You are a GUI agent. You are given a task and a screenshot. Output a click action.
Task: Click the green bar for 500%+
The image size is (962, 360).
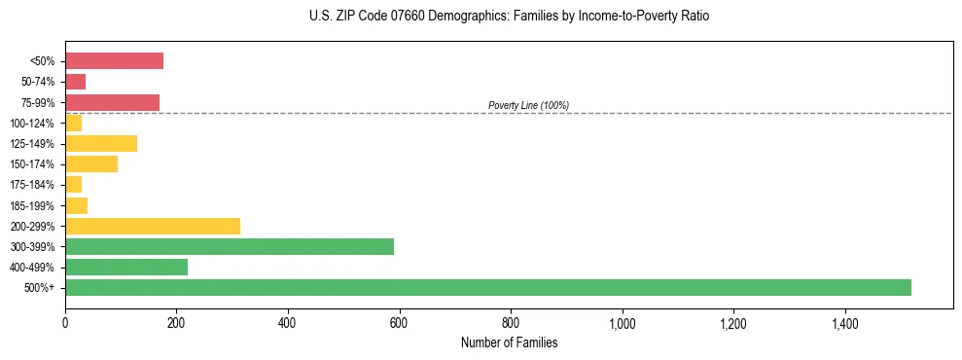(487, 287)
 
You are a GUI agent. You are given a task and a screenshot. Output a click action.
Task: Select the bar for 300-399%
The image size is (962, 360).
(230, 246)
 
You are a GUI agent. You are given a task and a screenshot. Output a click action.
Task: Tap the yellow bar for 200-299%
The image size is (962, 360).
(153, 226)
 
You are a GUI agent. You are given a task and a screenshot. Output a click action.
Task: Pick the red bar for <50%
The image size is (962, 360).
(114, 60)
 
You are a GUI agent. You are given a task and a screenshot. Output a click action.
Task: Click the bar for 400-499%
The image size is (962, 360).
(126, 267)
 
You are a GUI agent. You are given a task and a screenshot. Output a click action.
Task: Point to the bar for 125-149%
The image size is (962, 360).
(101, 143)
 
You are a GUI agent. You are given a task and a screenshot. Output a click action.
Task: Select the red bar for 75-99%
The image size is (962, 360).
(112, 102)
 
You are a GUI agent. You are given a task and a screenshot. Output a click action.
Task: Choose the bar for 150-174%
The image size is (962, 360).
(91, 163)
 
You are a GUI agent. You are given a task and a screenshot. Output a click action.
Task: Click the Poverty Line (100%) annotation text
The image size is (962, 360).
(528, 105)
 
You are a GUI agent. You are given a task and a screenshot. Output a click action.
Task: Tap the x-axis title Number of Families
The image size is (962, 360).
(509, 342)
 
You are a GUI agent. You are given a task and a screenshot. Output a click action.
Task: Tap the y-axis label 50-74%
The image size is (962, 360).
(39, 82)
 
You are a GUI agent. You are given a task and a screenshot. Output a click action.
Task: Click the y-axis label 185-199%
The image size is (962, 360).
(35, 205)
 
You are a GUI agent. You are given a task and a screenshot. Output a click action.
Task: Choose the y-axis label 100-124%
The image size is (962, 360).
(35, 123)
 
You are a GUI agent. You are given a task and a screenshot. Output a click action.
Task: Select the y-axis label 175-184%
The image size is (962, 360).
(35, 185)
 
